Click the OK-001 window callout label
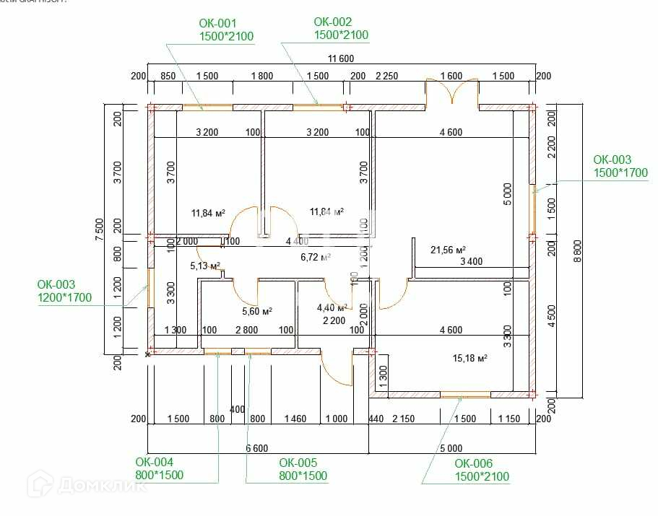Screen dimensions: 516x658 226,30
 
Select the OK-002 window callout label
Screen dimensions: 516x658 341,29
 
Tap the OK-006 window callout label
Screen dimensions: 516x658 482,470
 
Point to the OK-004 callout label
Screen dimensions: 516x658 159,468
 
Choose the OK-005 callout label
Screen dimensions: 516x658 303,469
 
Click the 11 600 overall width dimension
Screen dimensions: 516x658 341,58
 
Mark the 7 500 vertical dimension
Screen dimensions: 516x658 100,229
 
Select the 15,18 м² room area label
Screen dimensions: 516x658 469,357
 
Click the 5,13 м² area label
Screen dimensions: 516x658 205,266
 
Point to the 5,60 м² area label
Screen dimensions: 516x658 256,311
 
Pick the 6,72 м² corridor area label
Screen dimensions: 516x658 316,256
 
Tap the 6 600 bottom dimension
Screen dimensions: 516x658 257,448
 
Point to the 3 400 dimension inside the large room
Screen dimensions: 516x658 471,261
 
